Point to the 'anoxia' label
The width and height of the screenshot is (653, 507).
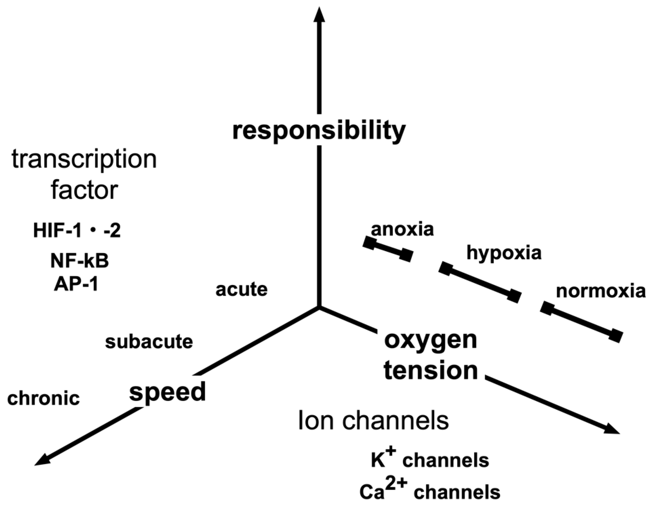point(402,229)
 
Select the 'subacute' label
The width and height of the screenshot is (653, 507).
point(149,342)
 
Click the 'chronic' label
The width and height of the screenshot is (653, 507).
point(44,399)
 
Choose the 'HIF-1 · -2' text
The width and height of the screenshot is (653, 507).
point(77,231)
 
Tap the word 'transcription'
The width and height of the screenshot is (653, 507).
point(84,160)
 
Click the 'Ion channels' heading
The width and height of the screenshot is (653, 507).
point(373,420)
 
